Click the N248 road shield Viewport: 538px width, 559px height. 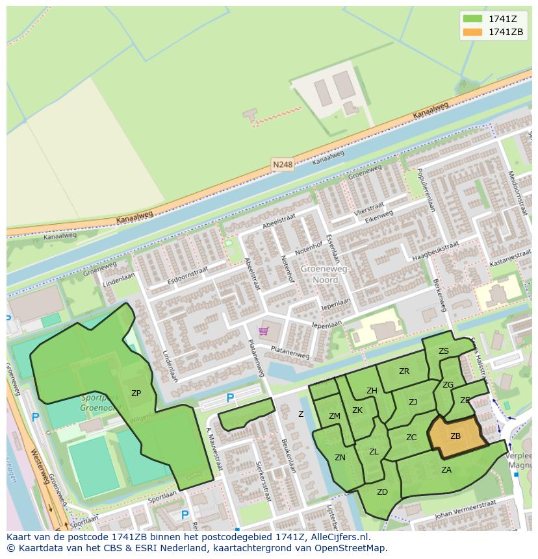(x=283, y=165)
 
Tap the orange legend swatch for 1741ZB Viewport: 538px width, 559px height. (x=472, y=32)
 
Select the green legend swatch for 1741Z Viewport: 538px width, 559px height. (x=472, y=19)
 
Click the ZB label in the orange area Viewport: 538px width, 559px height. (x=455, y=436)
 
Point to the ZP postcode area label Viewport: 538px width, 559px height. (x=136, y=393)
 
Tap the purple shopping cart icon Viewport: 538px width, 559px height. (x=263, y=331)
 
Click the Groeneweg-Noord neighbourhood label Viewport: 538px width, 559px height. (x=324, y=274)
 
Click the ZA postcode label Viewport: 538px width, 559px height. (x=446, y=470)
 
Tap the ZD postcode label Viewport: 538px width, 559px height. (x=382, y=492)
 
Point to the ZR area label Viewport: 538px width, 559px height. (x=404, y=371)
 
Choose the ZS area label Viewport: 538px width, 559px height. (x=444, y=351)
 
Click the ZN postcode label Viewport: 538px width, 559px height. (x=340, y=458)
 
